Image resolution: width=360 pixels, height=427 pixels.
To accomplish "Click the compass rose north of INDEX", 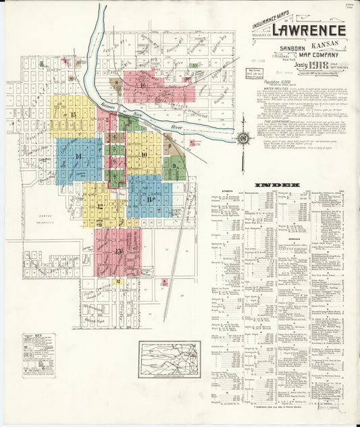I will (x=244, y=138).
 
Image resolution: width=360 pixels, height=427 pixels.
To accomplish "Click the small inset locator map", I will (x=170, y=359).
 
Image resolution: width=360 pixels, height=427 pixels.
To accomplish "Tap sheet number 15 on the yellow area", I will (x=73, y=115).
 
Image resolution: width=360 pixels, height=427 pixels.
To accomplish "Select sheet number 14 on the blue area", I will (x=79, y=157).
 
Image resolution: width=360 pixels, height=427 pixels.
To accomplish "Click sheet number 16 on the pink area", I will (x=143, y=86).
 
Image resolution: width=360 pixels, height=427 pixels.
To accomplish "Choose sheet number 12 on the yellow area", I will (x=100, y=207).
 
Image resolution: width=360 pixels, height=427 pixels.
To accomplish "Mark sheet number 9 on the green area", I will (x=174, y=166).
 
